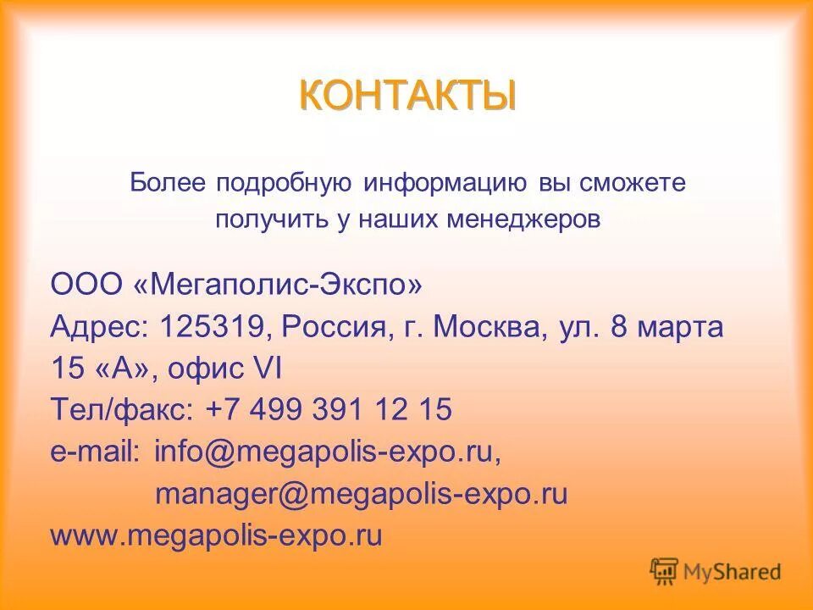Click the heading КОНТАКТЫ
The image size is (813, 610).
(x=406, y=95)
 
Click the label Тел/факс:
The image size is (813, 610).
(x=122, y=411)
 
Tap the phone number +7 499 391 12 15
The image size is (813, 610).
(x=329, y=411)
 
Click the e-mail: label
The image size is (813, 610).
(x=95, y=452)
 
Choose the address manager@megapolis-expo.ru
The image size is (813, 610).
(x=361, y=494)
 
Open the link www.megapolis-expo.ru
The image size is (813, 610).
(x=217, y=535)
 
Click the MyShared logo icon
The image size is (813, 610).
(x=664, y=572)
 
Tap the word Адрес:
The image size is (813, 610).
(x=100, y=327)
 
